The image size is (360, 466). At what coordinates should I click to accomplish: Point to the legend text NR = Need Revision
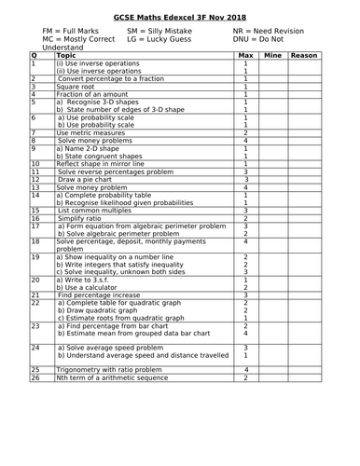[264, 31]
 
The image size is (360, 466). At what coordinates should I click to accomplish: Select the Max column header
[245, 56]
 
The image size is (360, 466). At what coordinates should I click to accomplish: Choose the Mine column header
[273, 56]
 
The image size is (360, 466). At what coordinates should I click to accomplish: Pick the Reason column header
[304, 56]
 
